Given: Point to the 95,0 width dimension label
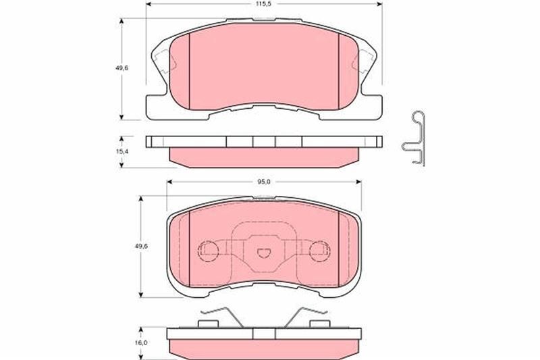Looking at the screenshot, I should [263, 181].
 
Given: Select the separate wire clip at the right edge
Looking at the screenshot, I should [415, 138].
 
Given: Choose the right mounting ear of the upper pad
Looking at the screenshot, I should [367, 61].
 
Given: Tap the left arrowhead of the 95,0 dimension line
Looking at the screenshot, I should [169, 181].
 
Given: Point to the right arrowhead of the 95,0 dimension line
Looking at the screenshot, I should [358, 181].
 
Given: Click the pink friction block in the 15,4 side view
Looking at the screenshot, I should [263, 157].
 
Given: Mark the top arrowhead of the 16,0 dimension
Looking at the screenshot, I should [140, 330].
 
